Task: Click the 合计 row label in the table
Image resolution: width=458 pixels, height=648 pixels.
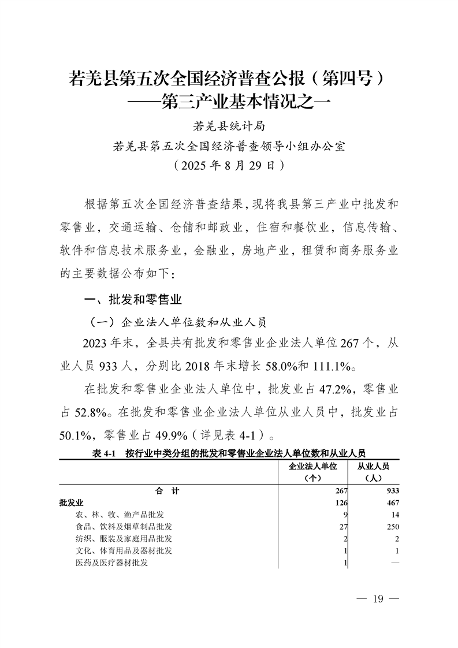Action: [167, 491]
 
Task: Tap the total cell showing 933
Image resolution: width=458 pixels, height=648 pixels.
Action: [391, 491]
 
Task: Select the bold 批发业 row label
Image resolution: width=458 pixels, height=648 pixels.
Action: [71, 503]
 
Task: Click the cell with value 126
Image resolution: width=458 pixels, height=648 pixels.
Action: [340, 503]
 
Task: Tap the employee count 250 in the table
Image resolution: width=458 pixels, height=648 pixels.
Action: [392, 527]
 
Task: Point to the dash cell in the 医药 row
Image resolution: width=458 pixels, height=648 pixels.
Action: [394, 563]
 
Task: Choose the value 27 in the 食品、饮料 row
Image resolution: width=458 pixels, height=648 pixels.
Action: [341, 527]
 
